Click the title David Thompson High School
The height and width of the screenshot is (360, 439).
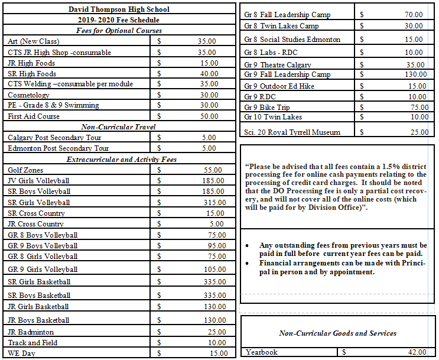pos(119,9)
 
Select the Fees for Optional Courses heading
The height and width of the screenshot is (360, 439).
pos(119,30)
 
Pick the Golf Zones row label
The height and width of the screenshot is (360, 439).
pos(25,170)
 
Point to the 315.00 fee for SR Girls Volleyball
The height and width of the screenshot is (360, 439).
pos(211,202)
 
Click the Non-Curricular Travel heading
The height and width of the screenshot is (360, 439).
pos(119,127)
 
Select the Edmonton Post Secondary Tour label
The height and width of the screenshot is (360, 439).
pos(58,148)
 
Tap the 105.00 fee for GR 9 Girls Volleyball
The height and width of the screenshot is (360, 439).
pos(211,269)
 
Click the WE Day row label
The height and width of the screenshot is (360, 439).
pos(22,353)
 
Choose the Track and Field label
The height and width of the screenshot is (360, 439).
pos(32,343)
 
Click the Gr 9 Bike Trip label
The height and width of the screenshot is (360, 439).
pos(267,107)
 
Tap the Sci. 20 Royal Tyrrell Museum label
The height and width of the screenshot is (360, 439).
pos(292,132)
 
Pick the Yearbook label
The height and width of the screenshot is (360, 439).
pos(262,352)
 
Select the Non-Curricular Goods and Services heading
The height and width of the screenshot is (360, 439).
pos(337,333)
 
